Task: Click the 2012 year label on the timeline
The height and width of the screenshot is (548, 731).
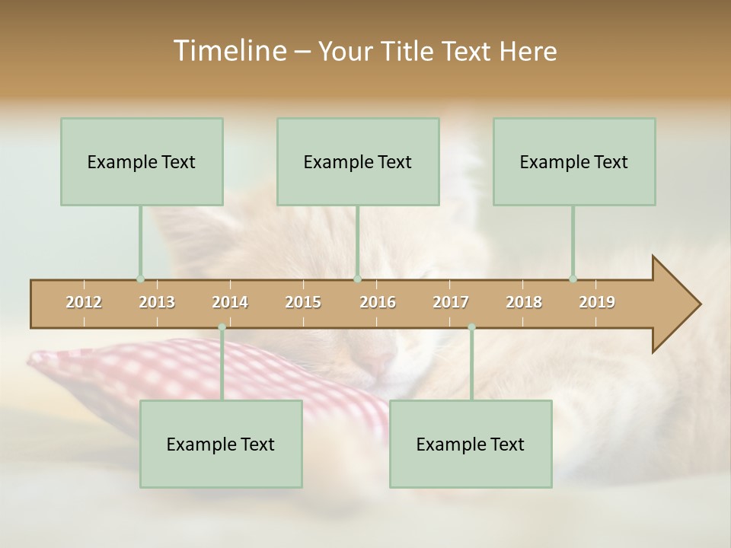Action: [x=84, y=302]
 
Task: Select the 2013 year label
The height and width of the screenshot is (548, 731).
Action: [x=157, y=302]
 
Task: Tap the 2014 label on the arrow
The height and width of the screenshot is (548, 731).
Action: [x=230, y=302]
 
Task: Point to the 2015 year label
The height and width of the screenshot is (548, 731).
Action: [x=303, y=302]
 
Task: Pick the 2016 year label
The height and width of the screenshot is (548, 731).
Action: [x=378, y=302]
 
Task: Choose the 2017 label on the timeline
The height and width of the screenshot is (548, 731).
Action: [x=451, y=302]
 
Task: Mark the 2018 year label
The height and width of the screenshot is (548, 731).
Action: [x=524, y=302]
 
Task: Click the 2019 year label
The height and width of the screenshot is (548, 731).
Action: [x=597, y=302]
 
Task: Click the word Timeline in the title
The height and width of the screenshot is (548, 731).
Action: [x=228, y=51]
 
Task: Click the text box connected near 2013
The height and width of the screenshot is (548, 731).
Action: [x=142, y=161]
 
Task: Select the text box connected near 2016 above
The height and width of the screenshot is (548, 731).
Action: [x=358, y=161]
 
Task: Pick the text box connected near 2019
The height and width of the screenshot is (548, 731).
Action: [x=574, y=161]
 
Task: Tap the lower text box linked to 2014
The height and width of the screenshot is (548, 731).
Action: [x=221, y=444]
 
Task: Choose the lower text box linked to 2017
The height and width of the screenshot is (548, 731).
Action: [x=471, y=444]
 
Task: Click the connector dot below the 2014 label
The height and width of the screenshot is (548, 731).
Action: [x=222, y=327]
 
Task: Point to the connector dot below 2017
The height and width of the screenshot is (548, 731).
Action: [x=471, y=327]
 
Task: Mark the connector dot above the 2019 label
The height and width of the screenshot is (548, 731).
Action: [x=573, y=279]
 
